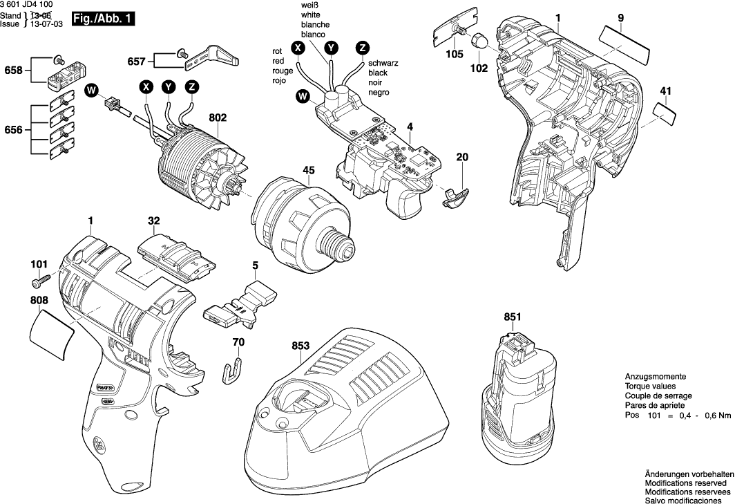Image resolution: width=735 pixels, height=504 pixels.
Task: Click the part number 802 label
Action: click(x=218, y=118)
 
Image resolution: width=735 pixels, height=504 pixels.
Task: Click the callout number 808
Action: click(x=39, y=301)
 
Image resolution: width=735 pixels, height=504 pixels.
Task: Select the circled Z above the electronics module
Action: click(x=361, y=48)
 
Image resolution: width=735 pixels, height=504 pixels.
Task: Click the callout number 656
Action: click(x=13, y=129)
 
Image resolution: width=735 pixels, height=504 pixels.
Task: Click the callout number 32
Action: click(x=153, y=221)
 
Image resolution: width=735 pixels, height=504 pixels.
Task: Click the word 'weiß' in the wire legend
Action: click(x=309, y=6)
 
